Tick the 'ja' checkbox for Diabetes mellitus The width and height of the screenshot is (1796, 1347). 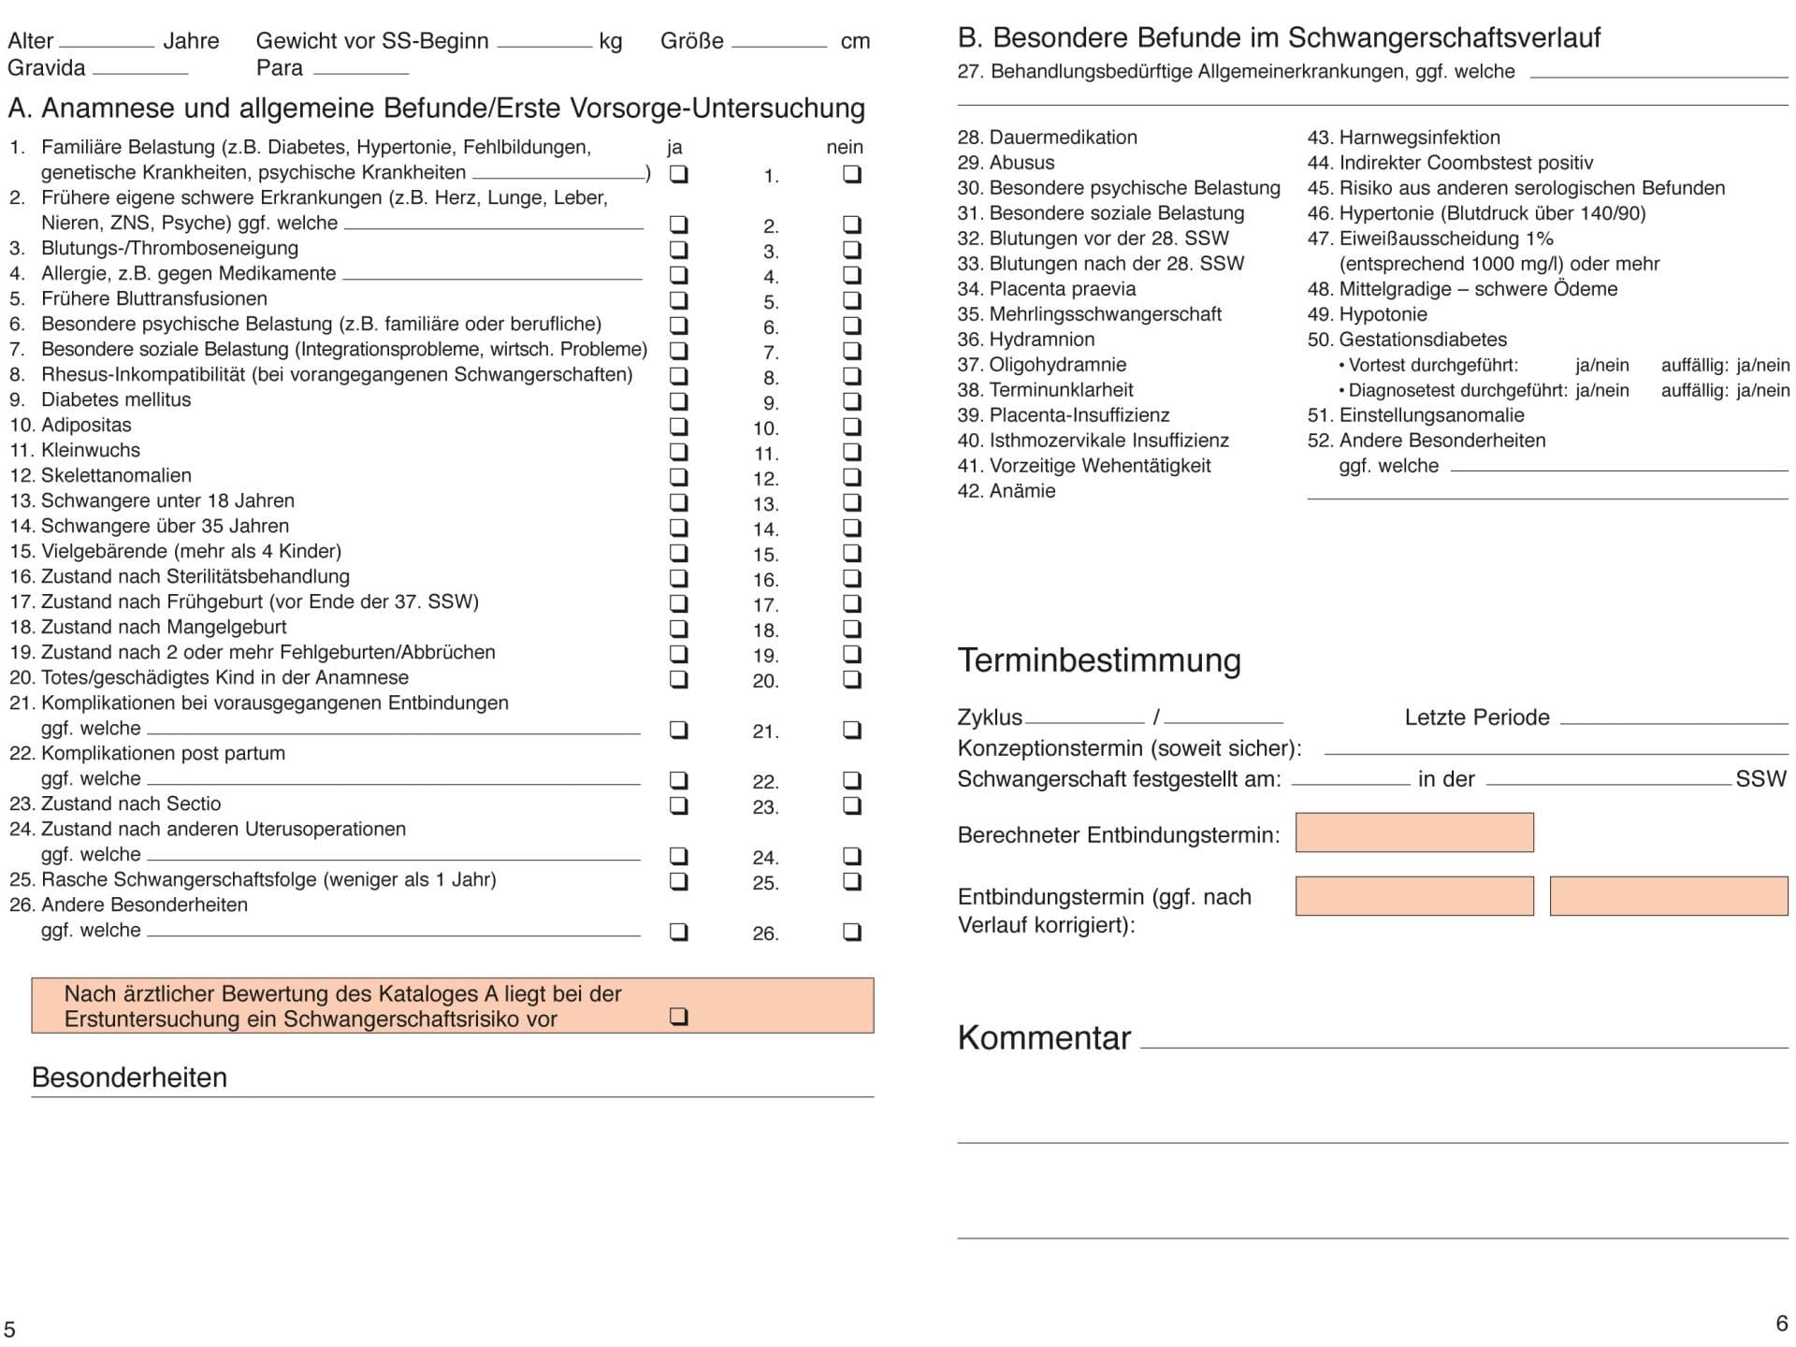coord(679,400)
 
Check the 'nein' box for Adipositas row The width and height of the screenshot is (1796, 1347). coord(852,426)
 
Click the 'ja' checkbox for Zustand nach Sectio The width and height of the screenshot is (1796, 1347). coord(679,804)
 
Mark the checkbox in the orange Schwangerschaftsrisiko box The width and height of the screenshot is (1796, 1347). coord(679,1016)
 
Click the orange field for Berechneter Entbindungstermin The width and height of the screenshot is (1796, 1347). coord(1413,833)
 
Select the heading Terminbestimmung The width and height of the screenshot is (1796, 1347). coord(1099,660)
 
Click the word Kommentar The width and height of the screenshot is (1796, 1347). coord(1044,1038)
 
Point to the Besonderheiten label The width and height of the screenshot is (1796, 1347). coord(129,1078)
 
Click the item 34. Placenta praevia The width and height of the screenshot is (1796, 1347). coord(1046,289)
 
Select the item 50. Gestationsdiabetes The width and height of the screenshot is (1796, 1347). coord(1407,340)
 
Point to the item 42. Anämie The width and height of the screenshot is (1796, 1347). coord(1006,491)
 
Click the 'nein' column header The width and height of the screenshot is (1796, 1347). coord(845,148)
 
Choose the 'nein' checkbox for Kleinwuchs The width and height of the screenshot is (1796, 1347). coord(852,451)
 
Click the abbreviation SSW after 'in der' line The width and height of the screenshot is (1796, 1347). coord(1760,779)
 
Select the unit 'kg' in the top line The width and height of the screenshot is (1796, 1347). coord(610,41)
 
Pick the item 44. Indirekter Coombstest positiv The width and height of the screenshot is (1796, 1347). coord(1450,163)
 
